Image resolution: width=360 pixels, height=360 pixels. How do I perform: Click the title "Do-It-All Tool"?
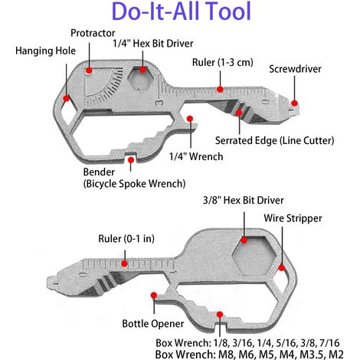click(182, 11)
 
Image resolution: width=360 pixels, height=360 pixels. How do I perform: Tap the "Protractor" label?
click(93, 33)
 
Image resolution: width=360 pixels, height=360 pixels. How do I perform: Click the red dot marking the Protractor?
click(89, 70)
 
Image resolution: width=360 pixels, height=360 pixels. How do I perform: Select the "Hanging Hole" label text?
click(45, 51)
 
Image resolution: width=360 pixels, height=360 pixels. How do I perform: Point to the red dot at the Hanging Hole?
click(67, 98)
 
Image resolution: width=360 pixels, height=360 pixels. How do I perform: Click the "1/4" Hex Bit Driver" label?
click(153, 44)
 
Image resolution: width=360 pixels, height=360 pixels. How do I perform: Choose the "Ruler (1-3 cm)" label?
click(223, 62)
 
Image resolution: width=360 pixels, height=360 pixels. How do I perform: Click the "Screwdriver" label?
click(295, 69)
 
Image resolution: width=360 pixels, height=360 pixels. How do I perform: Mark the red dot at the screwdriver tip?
click(294, 103)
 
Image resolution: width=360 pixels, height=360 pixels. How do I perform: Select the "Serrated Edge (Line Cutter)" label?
click(274, 141)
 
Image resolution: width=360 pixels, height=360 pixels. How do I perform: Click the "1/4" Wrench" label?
click(196, 156)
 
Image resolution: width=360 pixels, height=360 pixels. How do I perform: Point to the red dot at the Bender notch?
click(131, 160)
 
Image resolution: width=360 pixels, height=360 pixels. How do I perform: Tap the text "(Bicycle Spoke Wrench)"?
click(134, 184)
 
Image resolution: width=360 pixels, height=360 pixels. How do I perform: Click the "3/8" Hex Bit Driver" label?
click(243, 200)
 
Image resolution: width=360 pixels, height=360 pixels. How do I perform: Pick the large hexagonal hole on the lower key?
click(254, 255)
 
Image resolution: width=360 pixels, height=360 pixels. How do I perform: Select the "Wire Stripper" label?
click(293, 218)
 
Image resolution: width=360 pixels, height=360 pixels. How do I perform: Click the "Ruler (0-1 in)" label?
click(126, 239)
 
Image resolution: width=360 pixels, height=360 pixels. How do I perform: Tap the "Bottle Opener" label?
click(153, 323)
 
